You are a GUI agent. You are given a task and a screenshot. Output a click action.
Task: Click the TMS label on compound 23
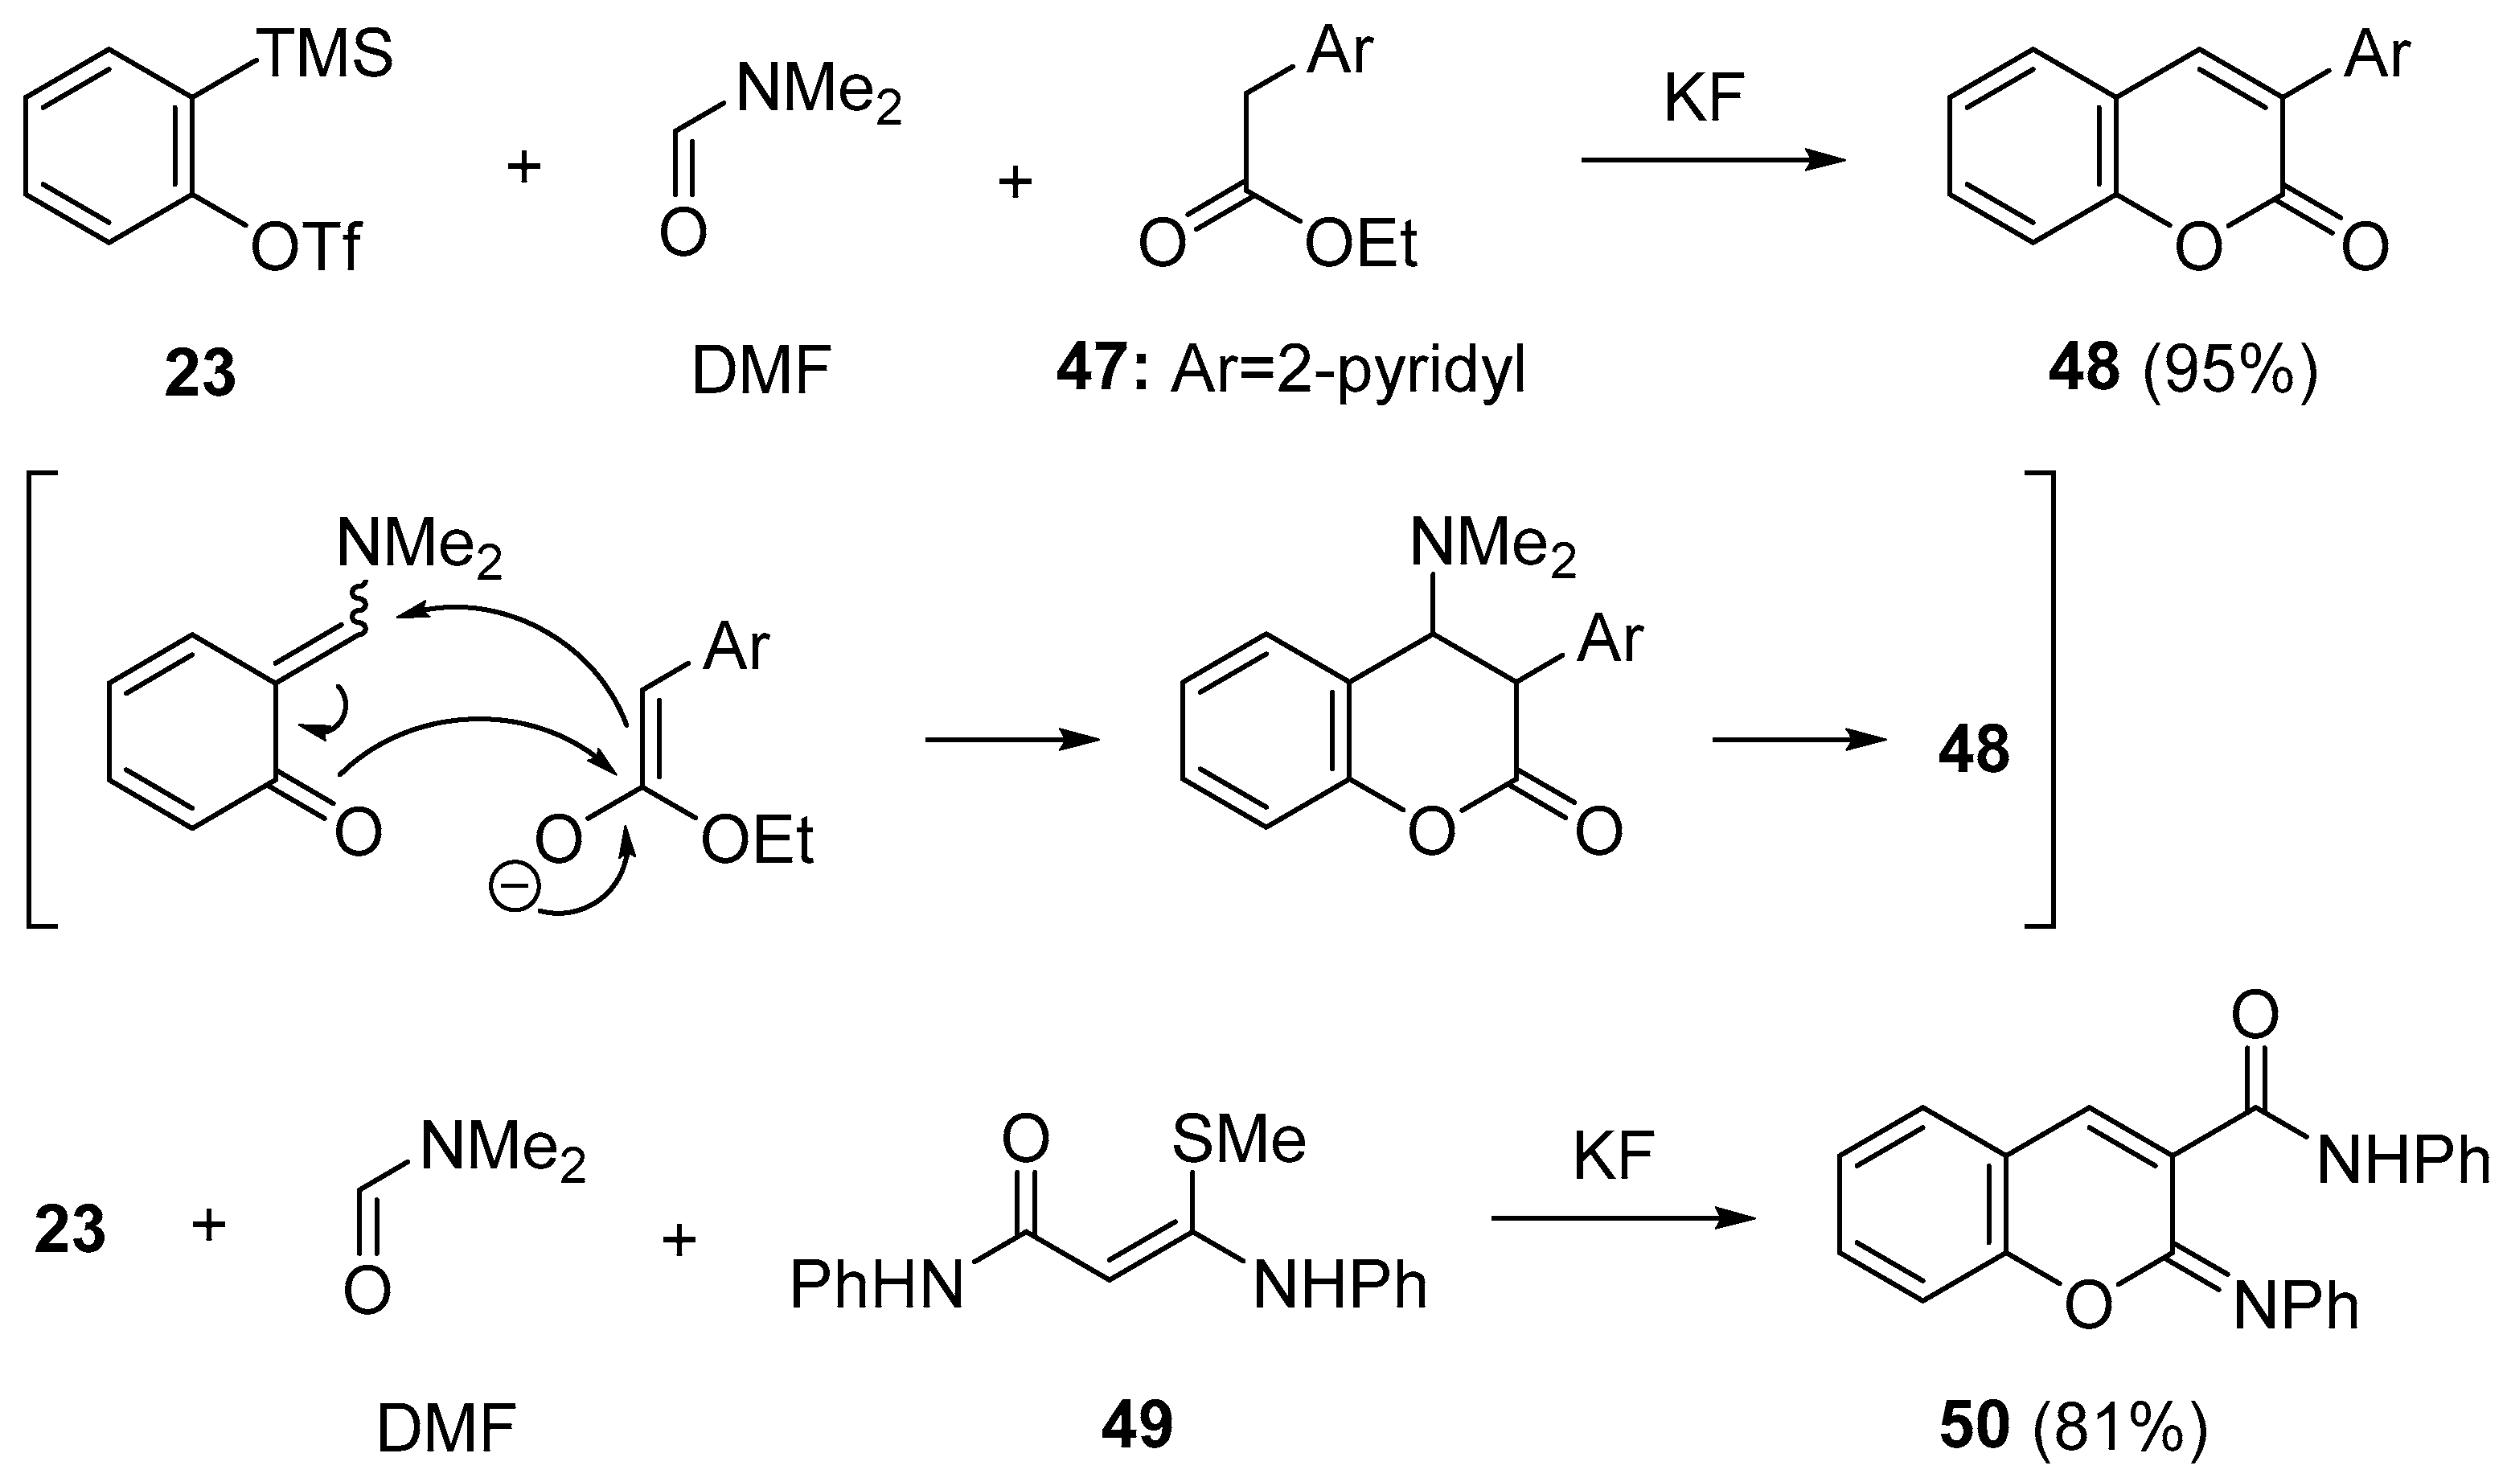[x=326, y=54]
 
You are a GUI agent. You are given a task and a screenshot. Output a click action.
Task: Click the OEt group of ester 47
[x=1360, y=244]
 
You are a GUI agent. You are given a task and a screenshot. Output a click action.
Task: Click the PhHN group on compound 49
[x=876, y=1285]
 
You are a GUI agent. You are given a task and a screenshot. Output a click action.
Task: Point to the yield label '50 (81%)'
[x=2073, y=1428]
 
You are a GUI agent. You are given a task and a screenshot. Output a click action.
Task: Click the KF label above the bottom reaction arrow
[x=1615, y=1157]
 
